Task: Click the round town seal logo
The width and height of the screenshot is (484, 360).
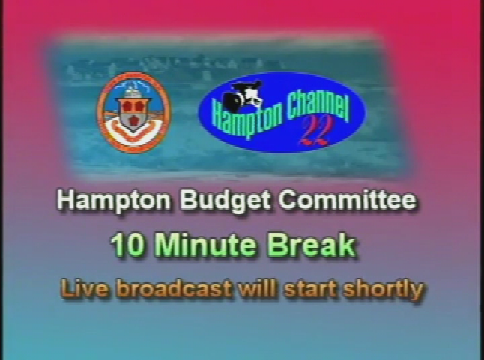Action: coord(134,112)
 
